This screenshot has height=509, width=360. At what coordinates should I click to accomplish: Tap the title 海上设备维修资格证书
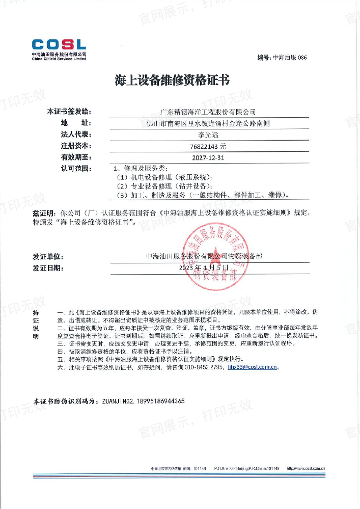click(173, 81)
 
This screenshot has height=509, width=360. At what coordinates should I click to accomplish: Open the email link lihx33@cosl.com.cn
click(253, 366)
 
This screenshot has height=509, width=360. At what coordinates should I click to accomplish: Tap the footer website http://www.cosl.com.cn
click(306, 468)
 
